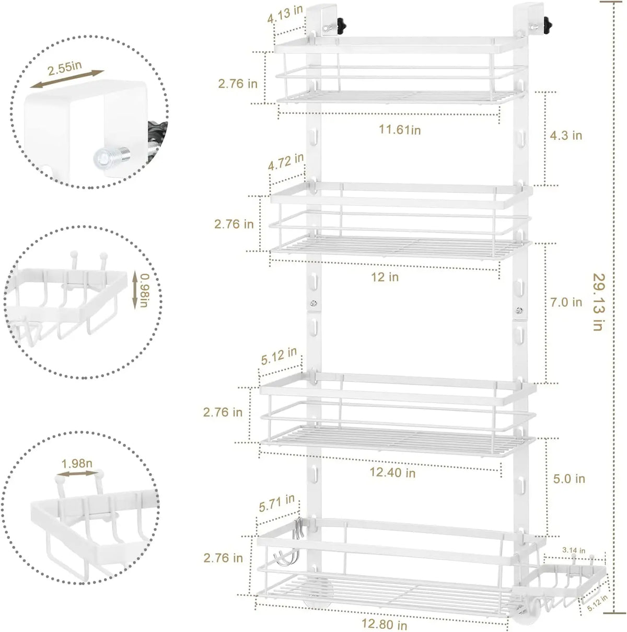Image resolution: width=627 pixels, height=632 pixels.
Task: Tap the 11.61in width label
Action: (x=400, y=130)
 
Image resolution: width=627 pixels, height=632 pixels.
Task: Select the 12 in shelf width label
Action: (x=385, y=277)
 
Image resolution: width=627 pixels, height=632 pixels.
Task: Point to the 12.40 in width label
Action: (x=392, y=473)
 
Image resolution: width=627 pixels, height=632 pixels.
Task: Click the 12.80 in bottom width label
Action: (x=384, y=624)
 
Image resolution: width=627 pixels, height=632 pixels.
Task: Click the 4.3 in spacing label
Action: (x=566, y=135)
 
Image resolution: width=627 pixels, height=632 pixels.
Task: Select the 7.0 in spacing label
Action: (x=566, y=302)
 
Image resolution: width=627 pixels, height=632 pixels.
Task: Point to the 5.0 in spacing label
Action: (x=569, y=478)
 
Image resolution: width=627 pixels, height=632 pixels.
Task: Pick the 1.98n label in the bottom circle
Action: (x=77, y=463)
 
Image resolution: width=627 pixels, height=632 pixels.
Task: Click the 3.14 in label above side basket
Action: (x=573, y=550)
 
